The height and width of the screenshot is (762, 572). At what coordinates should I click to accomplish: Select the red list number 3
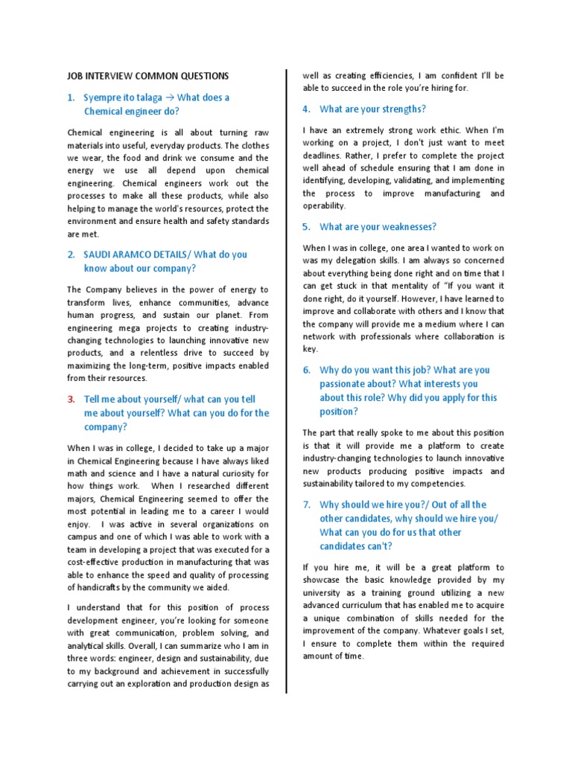[71, 399]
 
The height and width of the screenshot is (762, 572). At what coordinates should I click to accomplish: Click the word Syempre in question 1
[103, 98]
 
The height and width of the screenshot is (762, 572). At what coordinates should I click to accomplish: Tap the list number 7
[306, 505]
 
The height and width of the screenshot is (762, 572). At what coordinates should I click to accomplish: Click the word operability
[324, 205]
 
